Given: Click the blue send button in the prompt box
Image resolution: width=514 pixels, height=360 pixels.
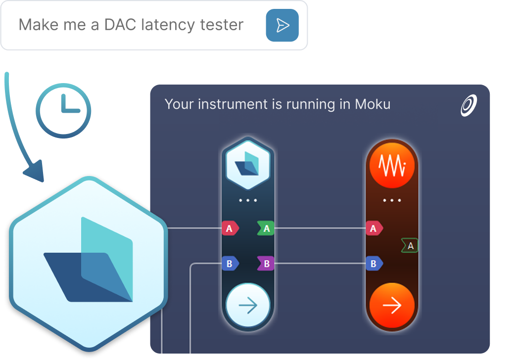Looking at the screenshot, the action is (x=282, y=25).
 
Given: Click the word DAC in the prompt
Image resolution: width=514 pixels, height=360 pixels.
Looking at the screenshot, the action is (x=120, y=25).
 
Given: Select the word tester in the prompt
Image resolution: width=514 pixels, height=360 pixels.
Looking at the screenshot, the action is (x=222, y=25).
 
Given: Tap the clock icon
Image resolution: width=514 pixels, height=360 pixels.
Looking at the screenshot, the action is (x=63, y=111).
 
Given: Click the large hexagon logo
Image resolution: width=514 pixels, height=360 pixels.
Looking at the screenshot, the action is (x=89, y=264).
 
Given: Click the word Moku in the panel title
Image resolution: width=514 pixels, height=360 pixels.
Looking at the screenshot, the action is (x=373, y=104).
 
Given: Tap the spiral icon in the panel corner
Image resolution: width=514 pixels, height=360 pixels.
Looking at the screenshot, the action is (x=469, y=105).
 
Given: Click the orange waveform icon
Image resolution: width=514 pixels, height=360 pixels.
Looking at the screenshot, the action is (x=392, y=166).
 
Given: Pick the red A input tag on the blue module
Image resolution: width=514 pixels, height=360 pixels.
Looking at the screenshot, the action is (x=230, y=228).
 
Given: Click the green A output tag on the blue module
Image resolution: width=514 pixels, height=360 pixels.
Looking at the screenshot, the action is (x=266, y=228).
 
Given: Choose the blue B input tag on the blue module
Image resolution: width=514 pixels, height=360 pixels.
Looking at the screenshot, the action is (x=230, y=264).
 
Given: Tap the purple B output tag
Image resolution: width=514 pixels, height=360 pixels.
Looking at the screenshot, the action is (x=266, y=264).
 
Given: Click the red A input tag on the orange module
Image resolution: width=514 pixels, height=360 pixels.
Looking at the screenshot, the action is (x=374, y=228).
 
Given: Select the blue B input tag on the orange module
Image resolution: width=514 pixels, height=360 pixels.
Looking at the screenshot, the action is (x=374, y=264).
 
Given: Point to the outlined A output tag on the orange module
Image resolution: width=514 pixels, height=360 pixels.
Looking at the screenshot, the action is (x=410, y=246).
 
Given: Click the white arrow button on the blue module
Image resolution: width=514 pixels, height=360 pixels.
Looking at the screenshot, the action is (x=248, y=305).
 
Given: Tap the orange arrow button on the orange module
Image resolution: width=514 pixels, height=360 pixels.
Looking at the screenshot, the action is (x=392, y=305).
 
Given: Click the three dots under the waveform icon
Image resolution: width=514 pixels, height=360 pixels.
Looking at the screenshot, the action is (x=392, y=200).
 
